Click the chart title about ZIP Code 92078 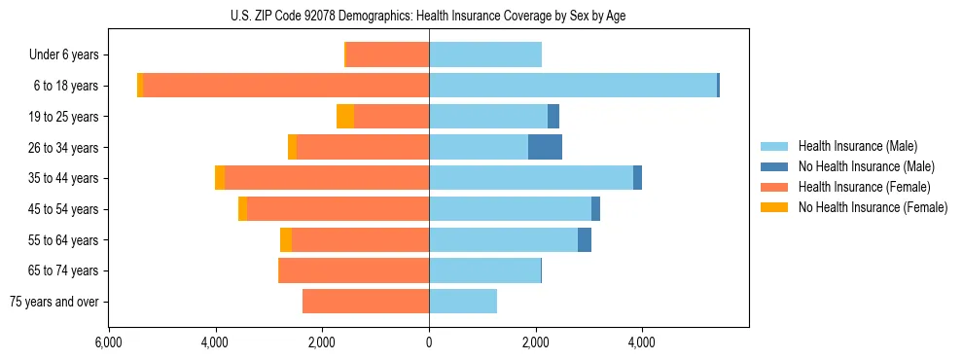coord(428,15)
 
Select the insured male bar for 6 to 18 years coord(573,86)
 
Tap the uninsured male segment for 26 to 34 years coord(545,147)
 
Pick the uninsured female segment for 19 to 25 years coord(345,117)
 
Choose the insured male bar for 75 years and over coord(463,302)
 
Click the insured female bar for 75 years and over coord(366,302)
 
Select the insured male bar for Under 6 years coord(485,55)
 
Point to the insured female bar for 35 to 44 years coord(327,178)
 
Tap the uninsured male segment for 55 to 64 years coord(585,240)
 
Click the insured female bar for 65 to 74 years coord(354,270)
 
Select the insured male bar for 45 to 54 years coord(510,209)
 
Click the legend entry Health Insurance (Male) coord(857,146)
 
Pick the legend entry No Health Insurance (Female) coord(873,207)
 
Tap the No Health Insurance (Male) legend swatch coord(774,166)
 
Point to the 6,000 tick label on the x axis coord(109,342)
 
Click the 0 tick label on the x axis coord(429,342)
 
